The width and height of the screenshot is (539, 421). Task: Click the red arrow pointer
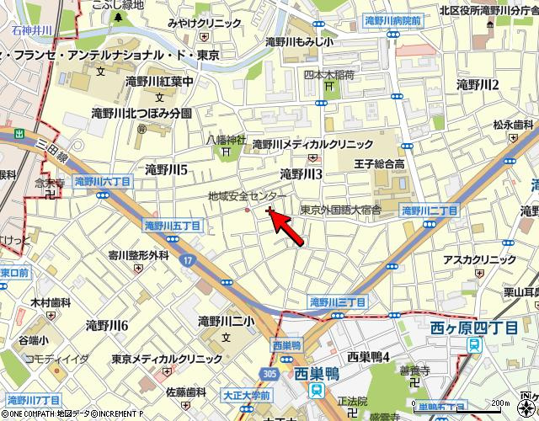pyautogui.click(x=287, y=225)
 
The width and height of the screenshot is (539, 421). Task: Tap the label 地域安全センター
pyautogui.click(x=247, y=195)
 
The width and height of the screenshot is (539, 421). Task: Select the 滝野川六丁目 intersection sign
pyautogui.click(x=102, y=181)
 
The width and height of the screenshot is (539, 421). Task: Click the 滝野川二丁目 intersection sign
pyautogui.click(x=429, y=210)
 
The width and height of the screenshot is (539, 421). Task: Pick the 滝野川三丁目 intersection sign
pyautogui.click(x=337, y=301)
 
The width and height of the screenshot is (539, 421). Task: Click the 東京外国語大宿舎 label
pyautogui.click(x=340, y=210)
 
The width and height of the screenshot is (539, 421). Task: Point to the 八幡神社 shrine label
pyautogui.click(x=226, y=140)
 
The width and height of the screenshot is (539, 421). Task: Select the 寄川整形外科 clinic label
pyautogui.click(x=138, y=254)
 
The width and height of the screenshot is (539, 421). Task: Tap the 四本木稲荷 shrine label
pyautogui.click(x=329, y=75)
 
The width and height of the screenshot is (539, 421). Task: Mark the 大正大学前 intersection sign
pyautogui.click(x=248, y=394)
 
